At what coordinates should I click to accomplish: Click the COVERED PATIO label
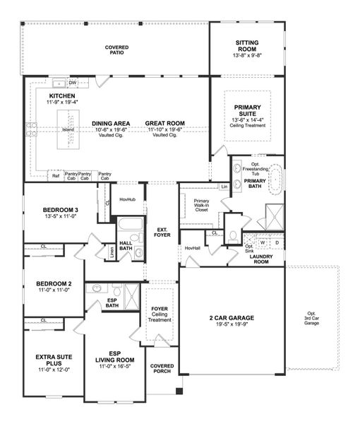coord(116,49)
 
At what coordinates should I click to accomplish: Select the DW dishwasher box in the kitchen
coord(73,82)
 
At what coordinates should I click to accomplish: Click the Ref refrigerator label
coord(55,175)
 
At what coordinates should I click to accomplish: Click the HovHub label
coord(127,199)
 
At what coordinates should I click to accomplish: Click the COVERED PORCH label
coord(162,369)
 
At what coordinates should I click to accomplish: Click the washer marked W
coord(263,242)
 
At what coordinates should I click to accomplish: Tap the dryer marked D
coord(276,242)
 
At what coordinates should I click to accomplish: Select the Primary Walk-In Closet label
coord(200,205)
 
